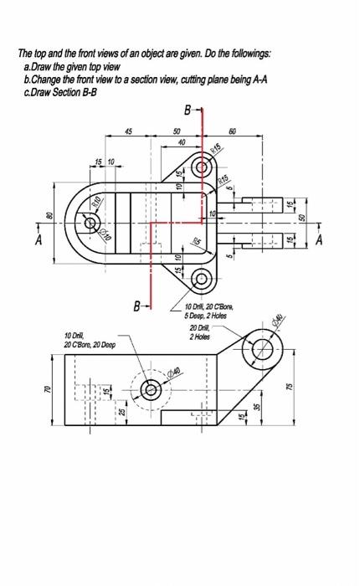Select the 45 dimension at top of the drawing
tap(128, 131)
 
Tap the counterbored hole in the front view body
tap(152, 388)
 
